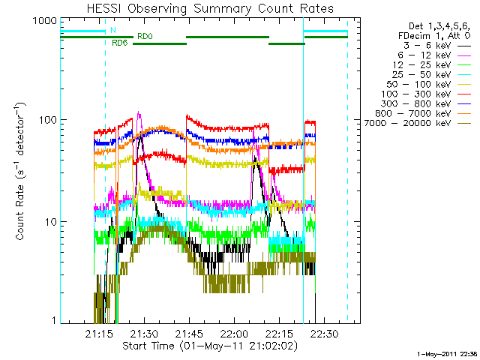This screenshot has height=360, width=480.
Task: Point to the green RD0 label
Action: click(145, 36)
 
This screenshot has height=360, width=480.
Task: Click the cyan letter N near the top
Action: click(112, 30)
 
